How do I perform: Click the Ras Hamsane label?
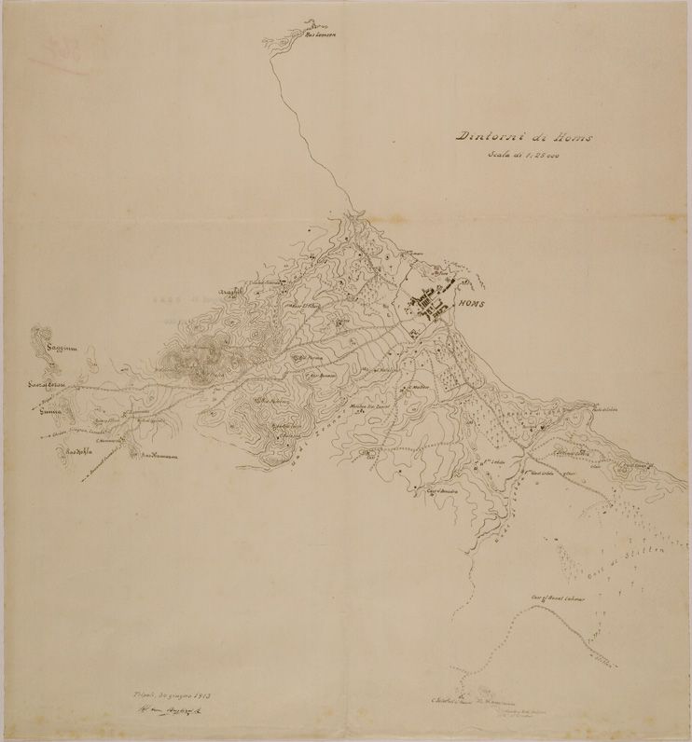[x=159, y=455]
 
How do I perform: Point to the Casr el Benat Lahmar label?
[x=558, y=595]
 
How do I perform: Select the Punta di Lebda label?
[x=605, y=407]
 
